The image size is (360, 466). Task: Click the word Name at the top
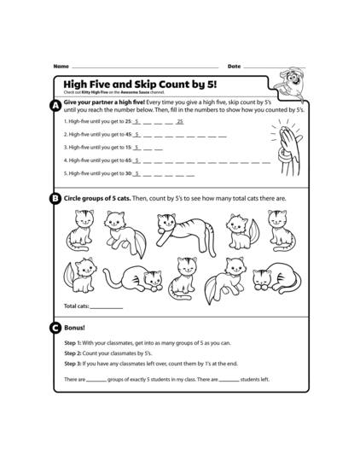point(61,66)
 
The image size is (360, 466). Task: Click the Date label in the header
point(234,66)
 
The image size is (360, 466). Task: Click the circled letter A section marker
point(55,105)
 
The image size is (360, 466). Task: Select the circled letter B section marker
point(55,199)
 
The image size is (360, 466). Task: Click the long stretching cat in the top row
point(177,228)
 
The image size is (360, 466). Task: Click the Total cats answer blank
point(107,306)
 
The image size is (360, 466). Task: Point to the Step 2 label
point(73,352)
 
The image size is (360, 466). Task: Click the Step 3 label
point(73,363)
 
